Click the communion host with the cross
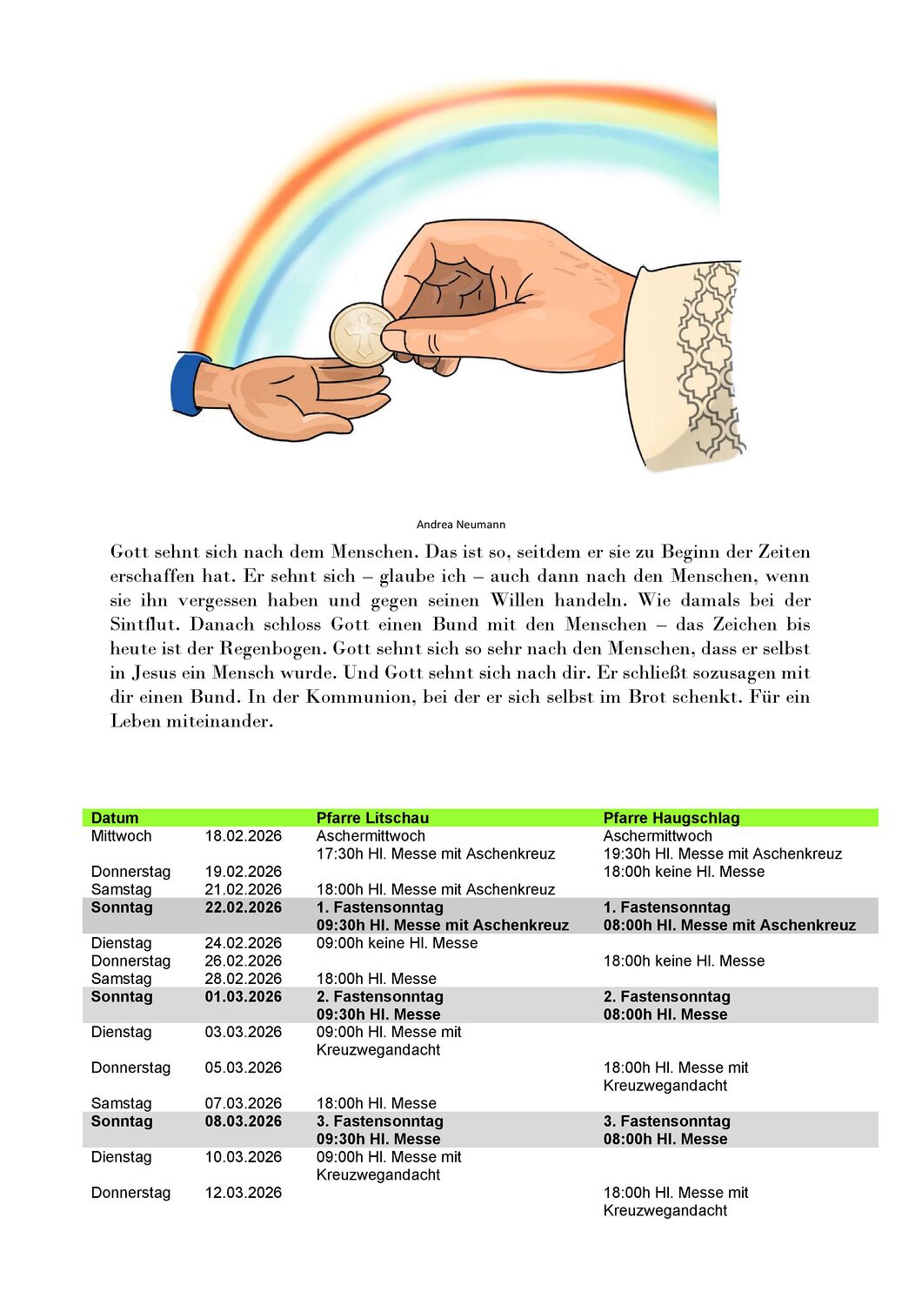click(x=362, y=334)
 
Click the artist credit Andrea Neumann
click(x=460, y=525)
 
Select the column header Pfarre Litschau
click(x=372, y=818)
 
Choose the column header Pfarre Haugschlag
click(x=671, y=818)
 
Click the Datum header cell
click(x=115, y=818)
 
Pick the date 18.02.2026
click(x=244, y=836)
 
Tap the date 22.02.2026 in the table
click(x=244, y=907)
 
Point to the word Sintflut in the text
click(x=144, y=625)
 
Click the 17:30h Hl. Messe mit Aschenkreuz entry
click(x=435, y=854)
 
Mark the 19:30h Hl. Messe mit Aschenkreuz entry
click(x=722, y=854)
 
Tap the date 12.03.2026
click(x=244, y=1193)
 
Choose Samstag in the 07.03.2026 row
click(x=121, y=1103)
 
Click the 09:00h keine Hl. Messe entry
click(x=397, y=943)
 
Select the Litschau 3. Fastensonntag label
click(x=379, y=1121)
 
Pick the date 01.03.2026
click(x=244, y=997)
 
